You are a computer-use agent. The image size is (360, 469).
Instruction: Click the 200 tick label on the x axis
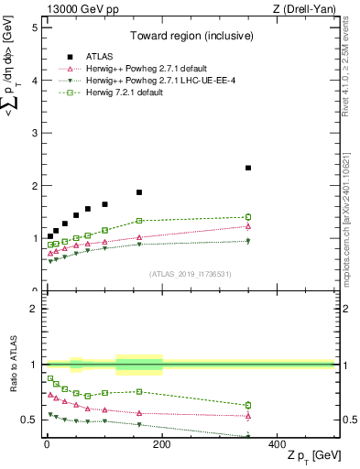click(x=162, y=443)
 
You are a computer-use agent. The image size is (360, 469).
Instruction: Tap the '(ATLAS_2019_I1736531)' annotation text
click(x=189, y=274)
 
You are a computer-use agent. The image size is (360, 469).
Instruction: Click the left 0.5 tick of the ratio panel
click(x=30, y=420)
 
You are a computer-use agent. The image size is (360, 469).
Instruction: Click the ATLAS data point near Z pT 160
click(x=139, y=192)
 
